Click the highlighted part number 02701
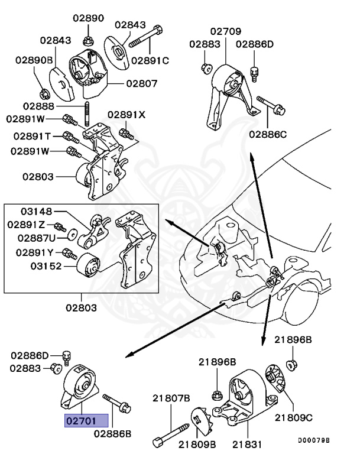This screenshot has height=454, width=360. pyautogui.click(x=87, y=420)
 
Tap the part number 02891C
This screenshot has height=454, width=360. pyautogui.click(x=150, y=60)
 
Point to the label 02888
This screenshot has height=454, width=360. pyautogui.click(x=38, y=106)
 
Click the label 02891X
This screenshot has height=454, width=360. pyautogui.click(x=126, y=115)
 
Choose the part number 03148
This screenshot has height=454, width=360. pyautogui.click(x=37, y=211)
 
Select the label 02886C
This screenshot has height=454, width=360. pyautogui.click(x=268, y=135)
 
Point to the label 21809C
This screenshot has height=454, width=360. pyautogui.click(x=293, y=417)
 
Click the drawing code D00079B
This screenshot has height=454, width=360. pyautogui.click(x=313, y=440)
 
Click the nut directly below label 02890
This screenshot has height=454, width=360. pyautogui.click(x=88, y=41)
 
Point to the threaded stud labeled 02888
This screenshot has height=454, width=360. pyautogui.click(x=87, y=113)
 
